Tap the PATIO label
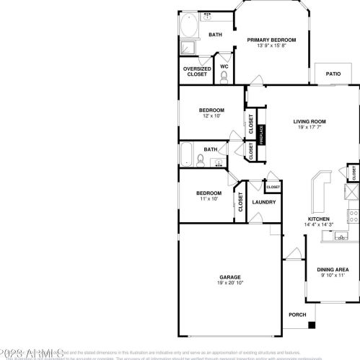(333, 74)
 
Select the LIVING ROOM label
(309, 121)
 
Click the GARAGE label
(230, 277)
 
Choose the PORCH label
(297, 315)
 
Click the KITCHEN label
(319, 219)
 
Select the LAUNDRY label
(263, 202)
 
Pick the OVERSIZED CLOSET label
(196, 71)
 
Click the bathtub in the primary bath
(190, 26)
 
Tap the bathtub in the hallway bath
(187, 154)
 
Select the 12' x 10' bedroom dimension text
(212, 115)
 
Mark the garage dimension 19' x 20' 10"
(230, 284)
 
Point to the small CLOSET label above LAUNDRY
(273, 187)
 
